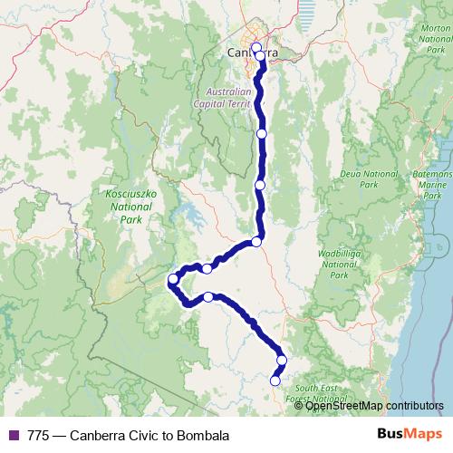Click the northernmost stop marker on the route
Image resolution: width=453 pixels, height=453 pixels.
click(255, 47)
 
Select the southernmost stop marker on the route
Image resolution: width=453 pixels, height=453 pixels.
click(275, 381)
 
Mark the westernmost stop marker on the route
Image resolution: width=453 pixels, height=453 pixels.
click(173, 278)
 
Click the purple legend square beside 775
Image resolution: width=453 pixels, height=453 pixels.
click(13, 435)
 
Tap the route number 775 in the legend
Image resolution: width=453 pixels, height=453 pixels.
click(39, 435)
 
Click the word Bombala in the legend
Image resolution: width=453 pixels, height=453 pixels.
click(203, 435)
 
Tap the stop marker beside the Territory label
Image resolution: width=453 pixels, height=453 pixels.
click(262, 134)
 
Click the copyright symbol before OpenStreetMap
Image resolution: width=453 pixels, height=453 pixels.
click(300, 406)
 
